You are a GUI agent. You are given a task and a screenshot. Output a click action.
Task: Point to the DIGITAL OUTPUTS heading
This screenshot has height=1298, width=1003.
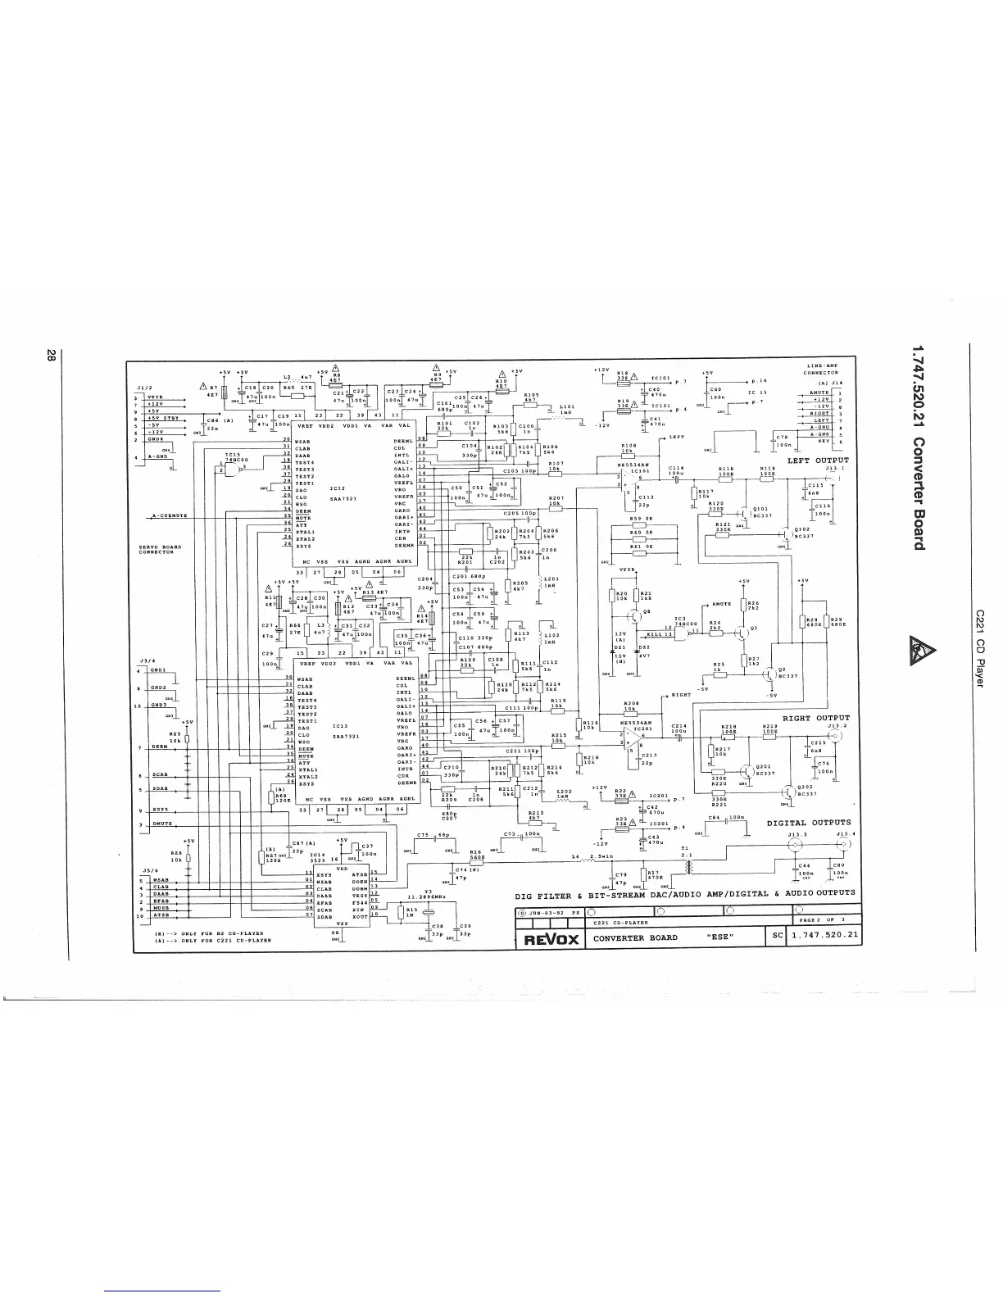(808, 823)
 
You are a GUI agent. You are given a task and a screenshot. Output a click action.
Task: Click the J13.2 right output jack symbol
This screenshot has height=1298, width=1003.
(837, 737)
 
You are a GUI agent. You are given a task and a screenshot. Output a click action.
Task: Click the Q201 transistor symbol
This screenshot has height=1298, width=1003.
(747, 772)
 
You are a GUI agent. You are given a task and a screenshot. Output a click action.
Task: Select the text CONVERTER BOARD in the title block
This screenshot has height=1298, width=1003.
(635, 937)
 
